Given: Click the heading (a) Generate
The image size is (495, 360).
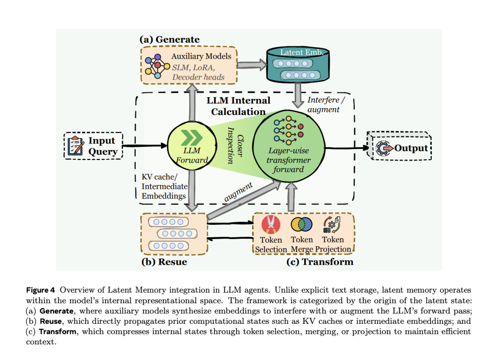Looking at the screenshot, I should coord(169,39).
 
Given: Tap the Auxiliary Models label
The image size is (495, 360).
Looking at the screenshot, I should coord(201,56).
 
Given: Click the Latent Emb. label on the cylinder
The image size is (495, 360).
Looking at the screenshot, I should coord(302,52).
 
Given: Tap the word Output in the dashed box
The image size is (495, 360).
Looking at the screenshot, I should coord(411,148).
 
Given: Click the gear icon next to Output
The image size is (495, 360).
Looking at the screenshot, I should coord(383,148).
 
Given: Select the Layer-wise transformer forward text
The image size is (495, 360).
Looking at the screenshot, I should coord(289,159).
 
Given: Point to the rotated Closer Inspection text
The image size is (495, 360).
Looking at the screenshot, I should coord(234,145).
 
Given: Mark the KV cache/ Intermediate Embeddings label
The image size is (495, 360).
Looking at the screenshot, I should coord(164,186).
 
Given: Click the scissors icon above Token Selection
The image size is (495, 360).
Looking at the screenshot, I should coord(271,224).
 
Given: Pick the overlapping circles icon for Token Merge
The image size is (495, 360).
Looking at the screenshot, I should coord(302,224).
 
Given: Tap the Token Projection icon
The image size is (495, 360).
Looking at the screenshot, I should coord(332,224).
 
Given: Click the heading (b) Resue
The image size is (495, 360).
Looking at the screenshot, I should coord(164,262).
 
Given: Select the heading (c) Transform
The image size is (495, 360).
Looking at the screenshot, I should coord(319,262).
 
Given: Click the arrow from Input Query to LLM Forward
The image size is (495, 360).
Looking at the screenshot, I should coord(145,146).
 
